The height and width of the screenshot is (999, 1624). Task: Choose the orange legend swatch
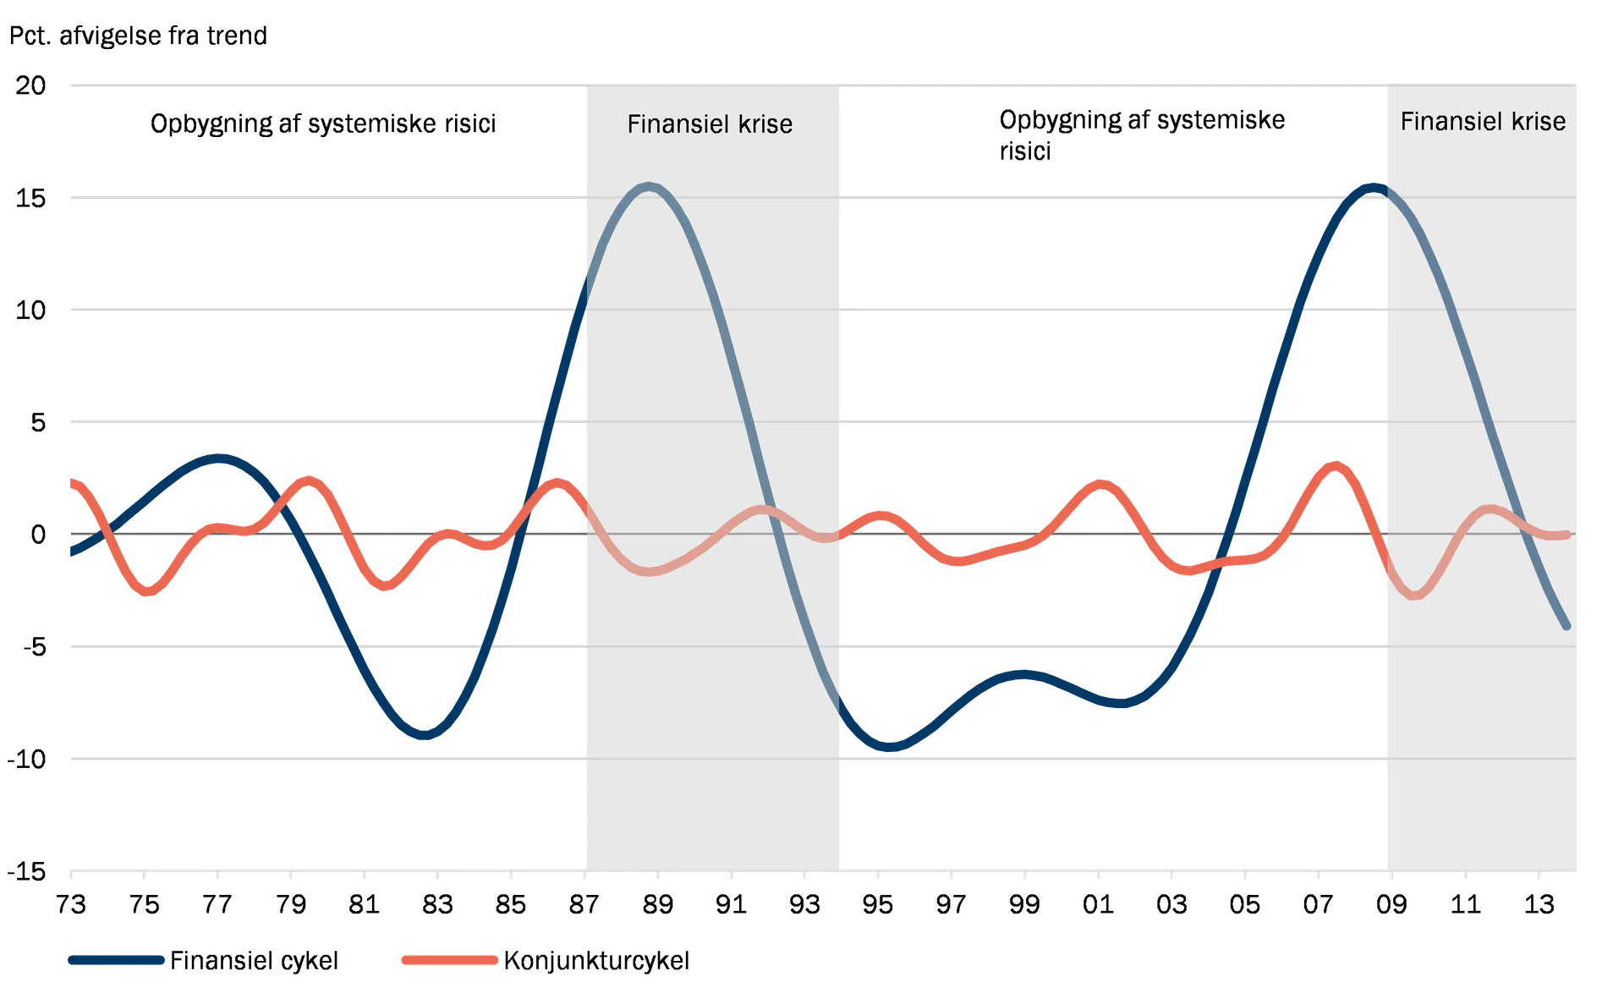[x=449, y=960]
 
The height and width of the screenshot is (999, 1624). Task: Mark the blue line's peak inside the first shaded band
[x=649, y=186]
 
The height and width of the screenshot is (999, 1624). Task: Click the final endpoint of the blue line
[x=1566, y=626]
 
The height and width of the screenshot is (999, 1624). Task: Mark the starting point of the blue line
[x=71, y=554]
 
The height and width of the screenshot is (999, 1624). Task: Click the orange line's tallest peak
[x=1335, y=463]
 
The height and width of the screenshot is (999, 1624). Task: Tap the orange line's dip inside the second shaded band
[x=1417, y=595]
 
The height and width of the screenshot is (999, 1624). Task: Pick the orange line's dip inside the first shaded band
[x=656, y=571]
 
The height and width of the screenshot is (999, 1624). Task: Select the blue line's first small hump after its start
[x=220, y=458]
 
